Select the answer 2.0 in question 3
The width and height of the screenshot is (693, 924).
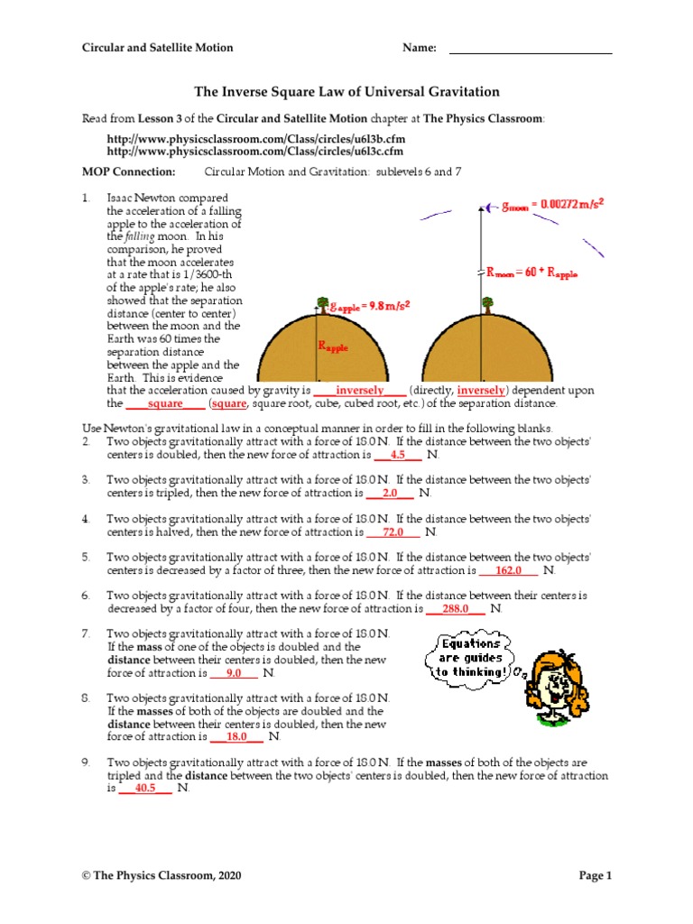[390, 494]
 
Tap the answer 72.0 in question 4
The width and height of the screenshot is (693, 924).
[393, 532]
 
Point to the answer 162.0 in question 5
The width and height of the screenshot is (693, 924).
[509, 570]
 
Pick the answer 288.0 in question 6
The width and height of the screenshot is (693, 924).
[456, 609]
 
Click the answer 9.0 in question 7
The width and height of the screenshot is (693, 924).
[234, 673]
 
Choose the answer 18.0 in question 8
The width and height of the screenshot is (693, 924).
[236, 736]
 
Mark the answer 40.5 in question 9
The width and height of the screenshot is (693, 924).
[145, 788]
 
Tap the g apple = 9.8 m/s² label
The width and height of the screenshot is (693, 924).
[367, 306]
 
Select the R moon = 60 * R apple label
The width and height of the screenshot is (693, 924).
[531, 271]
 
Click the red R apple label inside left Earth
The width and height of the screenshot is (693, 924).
[331, 346]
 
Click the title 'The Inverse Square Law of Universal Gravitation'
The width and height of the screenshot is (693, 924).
[347, 92]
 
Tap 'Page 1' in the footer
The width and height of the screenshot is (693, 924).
[596, 875]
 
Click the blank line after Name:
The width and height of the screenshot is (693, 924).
[531, 49]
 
